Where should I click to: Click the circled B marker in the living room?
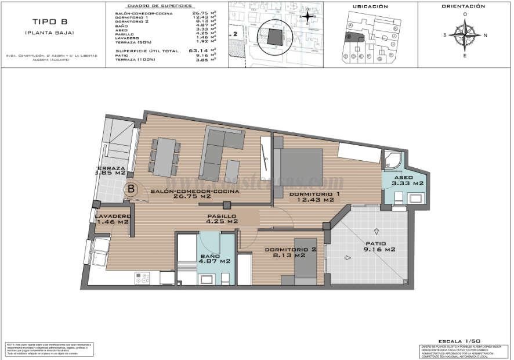click(x=132, y=188)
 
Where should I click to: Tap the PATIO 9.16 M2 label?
click(x=379, y=247)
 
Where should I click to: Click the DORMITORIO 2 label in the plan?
click(x=290, y=253)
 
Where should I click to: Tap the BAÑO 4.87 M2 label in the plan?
click(x=215, y=258)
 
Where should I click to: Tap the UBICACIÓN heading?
click(x=370, y=6)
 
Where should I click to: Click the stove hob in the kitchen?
click(x=143, y=278)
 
